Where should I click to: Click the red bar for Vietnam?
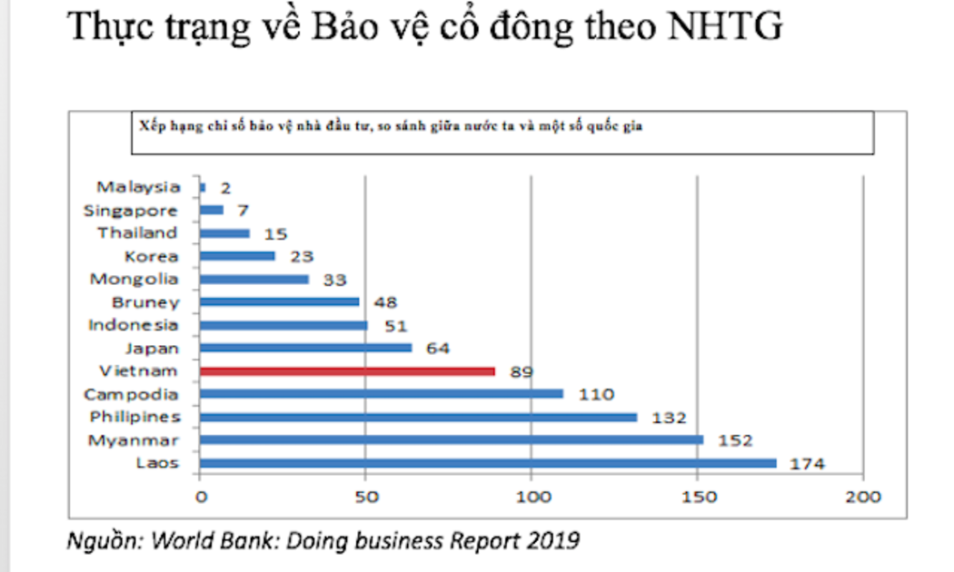347,371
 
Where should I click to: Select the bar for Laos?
488,463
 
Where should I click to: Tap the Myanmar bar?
451,440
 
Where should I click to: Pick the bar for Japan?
305,348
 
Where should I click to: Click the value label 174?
807,464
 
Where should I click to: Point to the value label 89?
521,371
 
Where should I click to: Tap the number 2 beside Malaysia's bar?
225,188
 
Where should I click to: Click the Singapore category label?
131,211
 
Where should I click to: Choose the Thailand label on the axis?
138,233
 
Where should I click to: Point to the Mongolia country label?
134,279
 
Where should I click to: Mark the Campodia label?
131,394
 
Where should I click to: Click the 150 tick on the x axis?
697,498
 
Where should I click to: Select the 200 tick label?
863,498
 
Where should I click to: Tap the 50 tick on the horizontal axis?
365,498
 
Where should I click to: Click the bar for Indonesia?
283,325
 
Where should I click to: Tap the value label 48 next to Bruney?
385,302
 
